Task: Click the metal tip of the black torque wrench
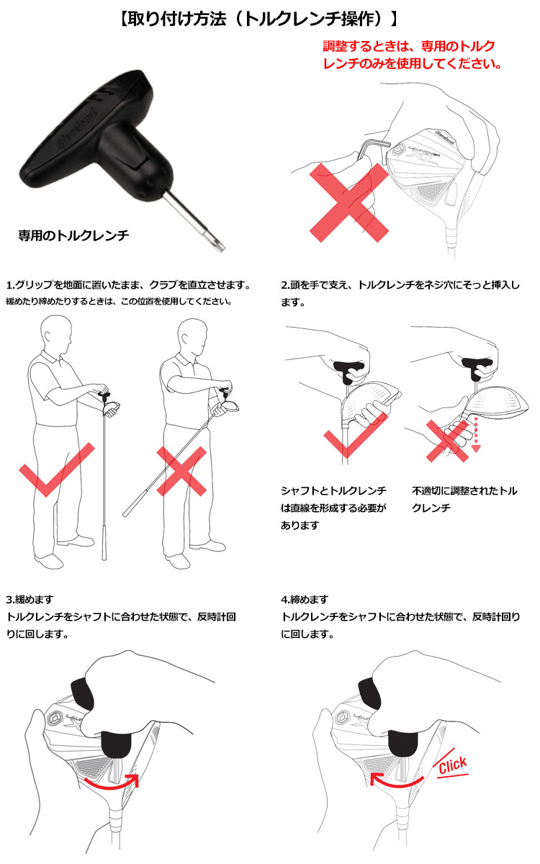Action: point(219,244)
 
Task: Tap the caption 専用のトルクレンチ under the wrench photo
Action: point(73,235)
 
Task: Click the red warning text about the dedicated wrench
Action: point(413,55)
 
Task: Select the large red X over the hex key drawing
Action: point(349,202)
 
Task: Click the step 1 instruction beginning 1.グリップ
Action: point(128,285)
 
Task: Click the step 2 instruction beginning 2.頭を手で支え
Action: point(400,294)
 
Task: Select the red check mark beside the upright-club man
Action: point(56,469)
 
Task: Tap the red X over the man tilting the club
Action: point(181,471)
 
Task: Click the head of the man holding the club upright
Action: point(57,333)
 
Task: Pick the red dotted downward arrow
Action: point(476,433)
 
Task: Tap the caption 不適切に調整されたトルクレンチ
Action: point(464,499)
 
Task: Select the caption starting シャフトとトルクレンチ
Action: point(333,508)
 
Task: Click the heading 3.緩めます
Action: point(30,599)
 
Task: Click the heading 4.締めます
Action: point(305,599)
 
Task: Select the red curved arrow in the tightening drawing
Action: point(397,782)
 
